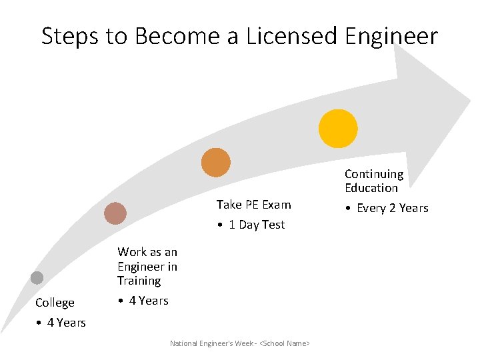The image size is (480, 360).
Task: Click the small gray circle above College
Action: coord(37,278)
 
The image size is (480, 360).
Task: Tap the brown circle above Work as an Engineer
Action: coord(115,213)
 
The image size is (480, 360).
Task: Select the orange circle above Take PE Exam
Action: coord(216,163)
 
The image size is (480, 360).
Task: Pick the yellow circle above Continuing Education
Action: coord(338,128)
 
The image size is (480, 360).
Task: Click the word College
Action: coord(55,303)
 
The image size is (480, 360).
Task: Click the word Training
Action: coord(139,281)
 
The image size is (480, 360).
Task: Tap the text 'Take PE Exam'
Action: coord(253,205)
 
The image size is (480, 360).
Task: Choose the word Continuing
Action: coord(374,174)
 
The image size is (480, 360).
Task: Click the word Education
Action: coord(371,188)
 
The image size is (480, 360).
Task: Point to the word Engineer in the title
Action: coord(391,35)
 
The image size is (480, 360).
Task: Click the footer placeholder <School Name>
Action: coord(285,343)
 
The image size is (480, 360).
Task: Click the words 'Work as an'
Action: coord(147,252)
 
